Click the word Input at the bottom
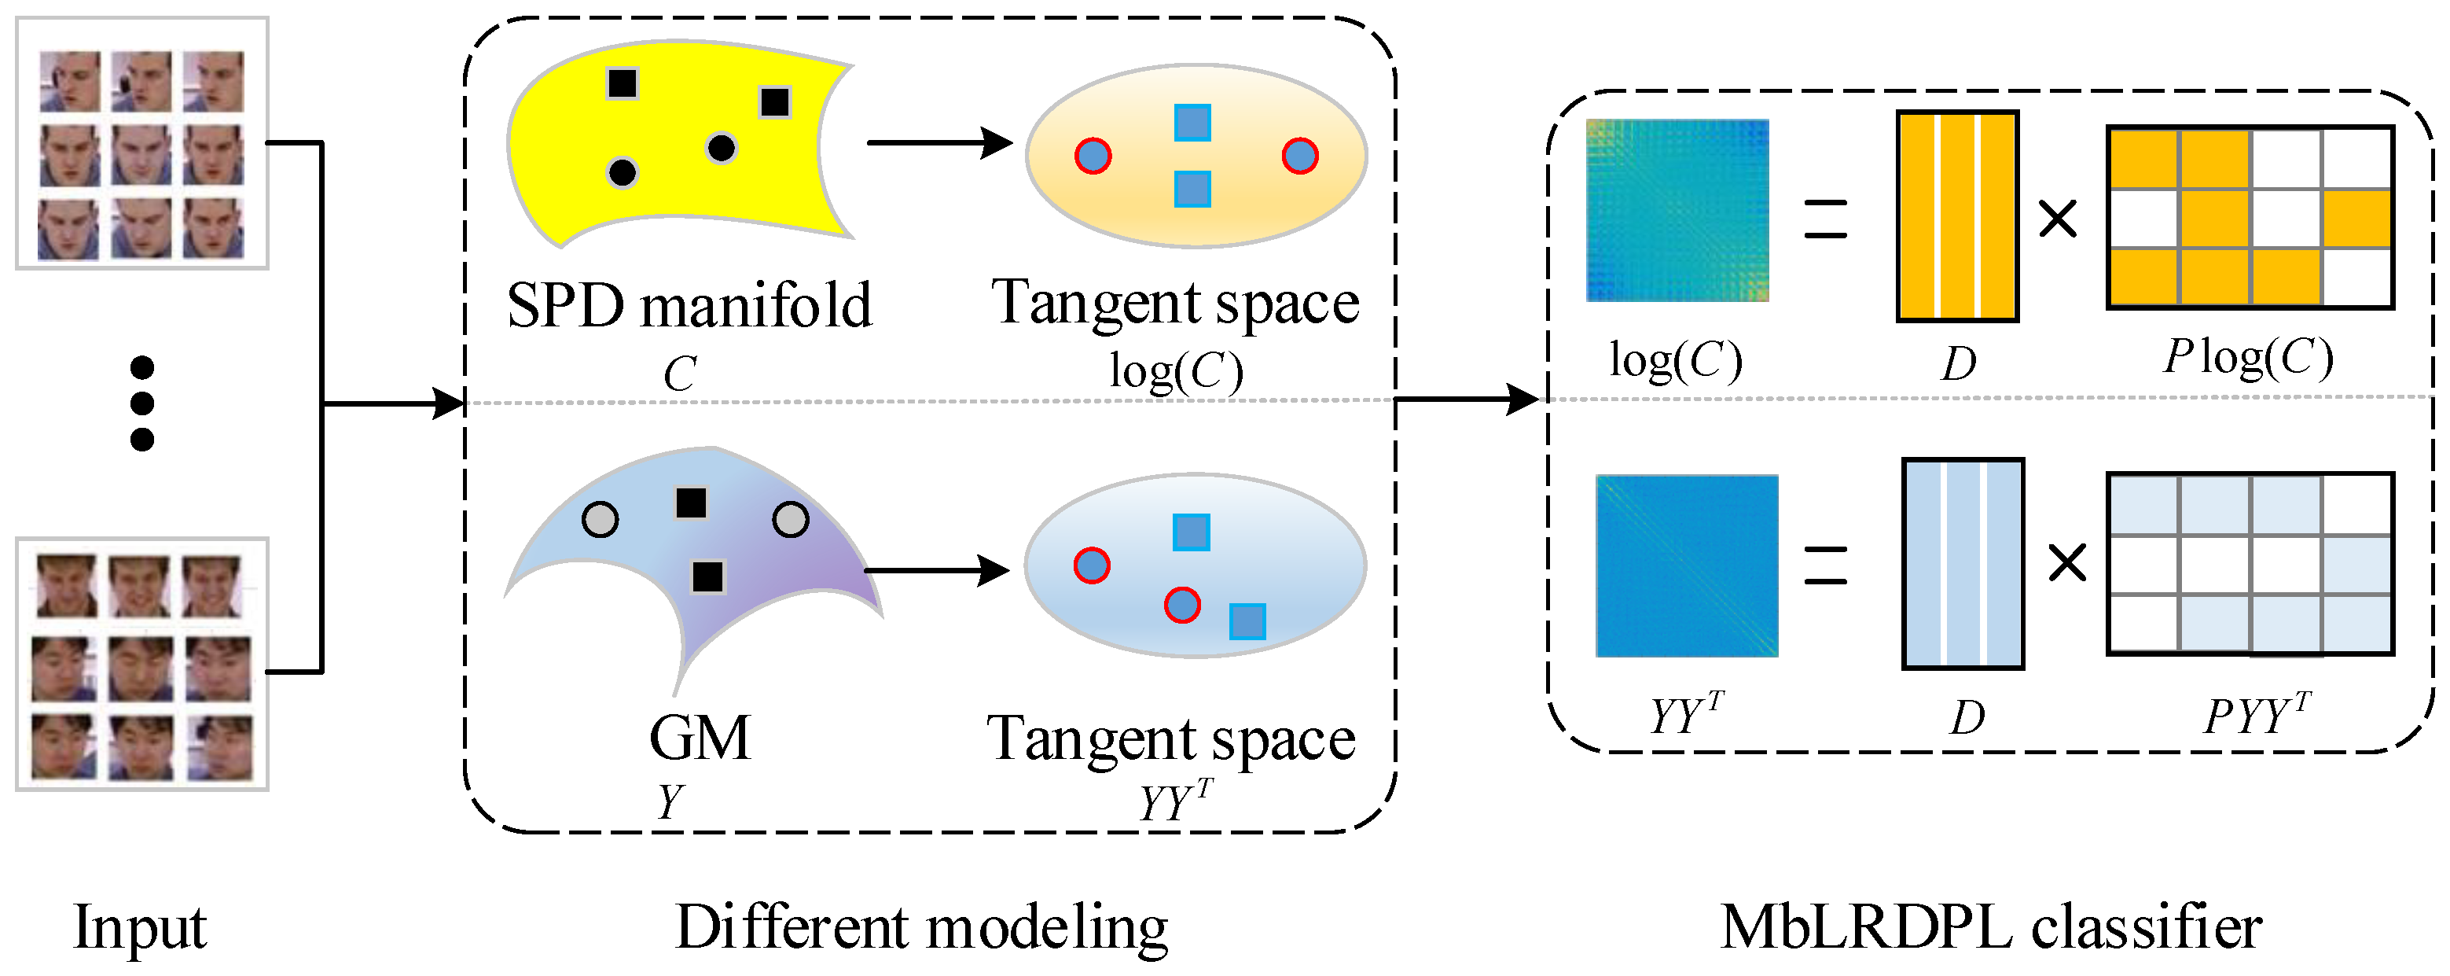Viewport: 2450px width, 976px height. tap(140, 926)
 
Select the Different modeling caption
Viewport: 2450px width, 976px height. tap(920, 926)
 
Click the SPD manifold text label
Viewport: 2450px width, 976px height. tap(689, 305)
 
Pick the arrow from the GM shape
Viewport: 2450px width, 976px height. tap(936, 571)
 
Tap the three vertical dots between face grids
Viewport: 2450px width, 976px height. tap(141, 403)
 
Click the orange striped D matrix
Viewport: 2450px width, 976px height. tap(1957, 217)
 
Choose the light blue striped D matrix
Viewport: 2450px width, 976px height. tap(1963, 563)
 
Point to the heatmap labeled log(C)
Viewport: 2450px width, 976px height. tap(1677, 210)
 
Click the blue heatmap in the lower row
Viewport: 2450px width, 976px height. tap(1686, 566)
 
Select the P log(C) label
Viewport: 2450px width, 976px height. tap(2248, 358)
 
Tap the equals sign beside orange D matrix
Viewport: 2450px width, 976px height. tap(1825, 219)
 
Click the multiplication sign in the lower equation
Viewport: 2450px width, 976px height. tap(2066, 563)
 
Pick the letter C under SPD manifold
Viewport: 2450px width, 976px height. tap(679, 373)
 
